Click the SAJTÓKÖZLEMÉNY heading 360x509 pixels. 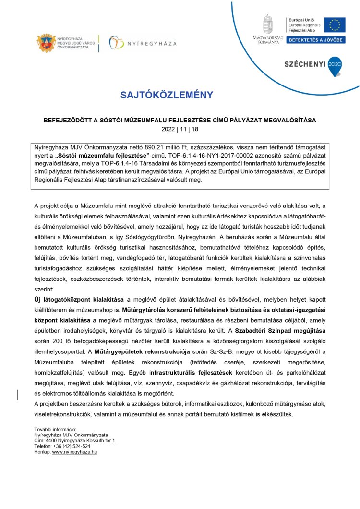166,95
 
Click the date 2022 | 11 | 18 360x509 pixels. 180,129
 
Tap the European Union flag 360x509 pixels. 334,25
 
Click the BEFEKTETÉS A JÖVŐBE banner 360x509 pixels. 316,40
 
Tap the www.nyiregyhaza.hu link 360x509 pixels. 74,452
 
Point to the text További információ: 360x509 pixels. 55,428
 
